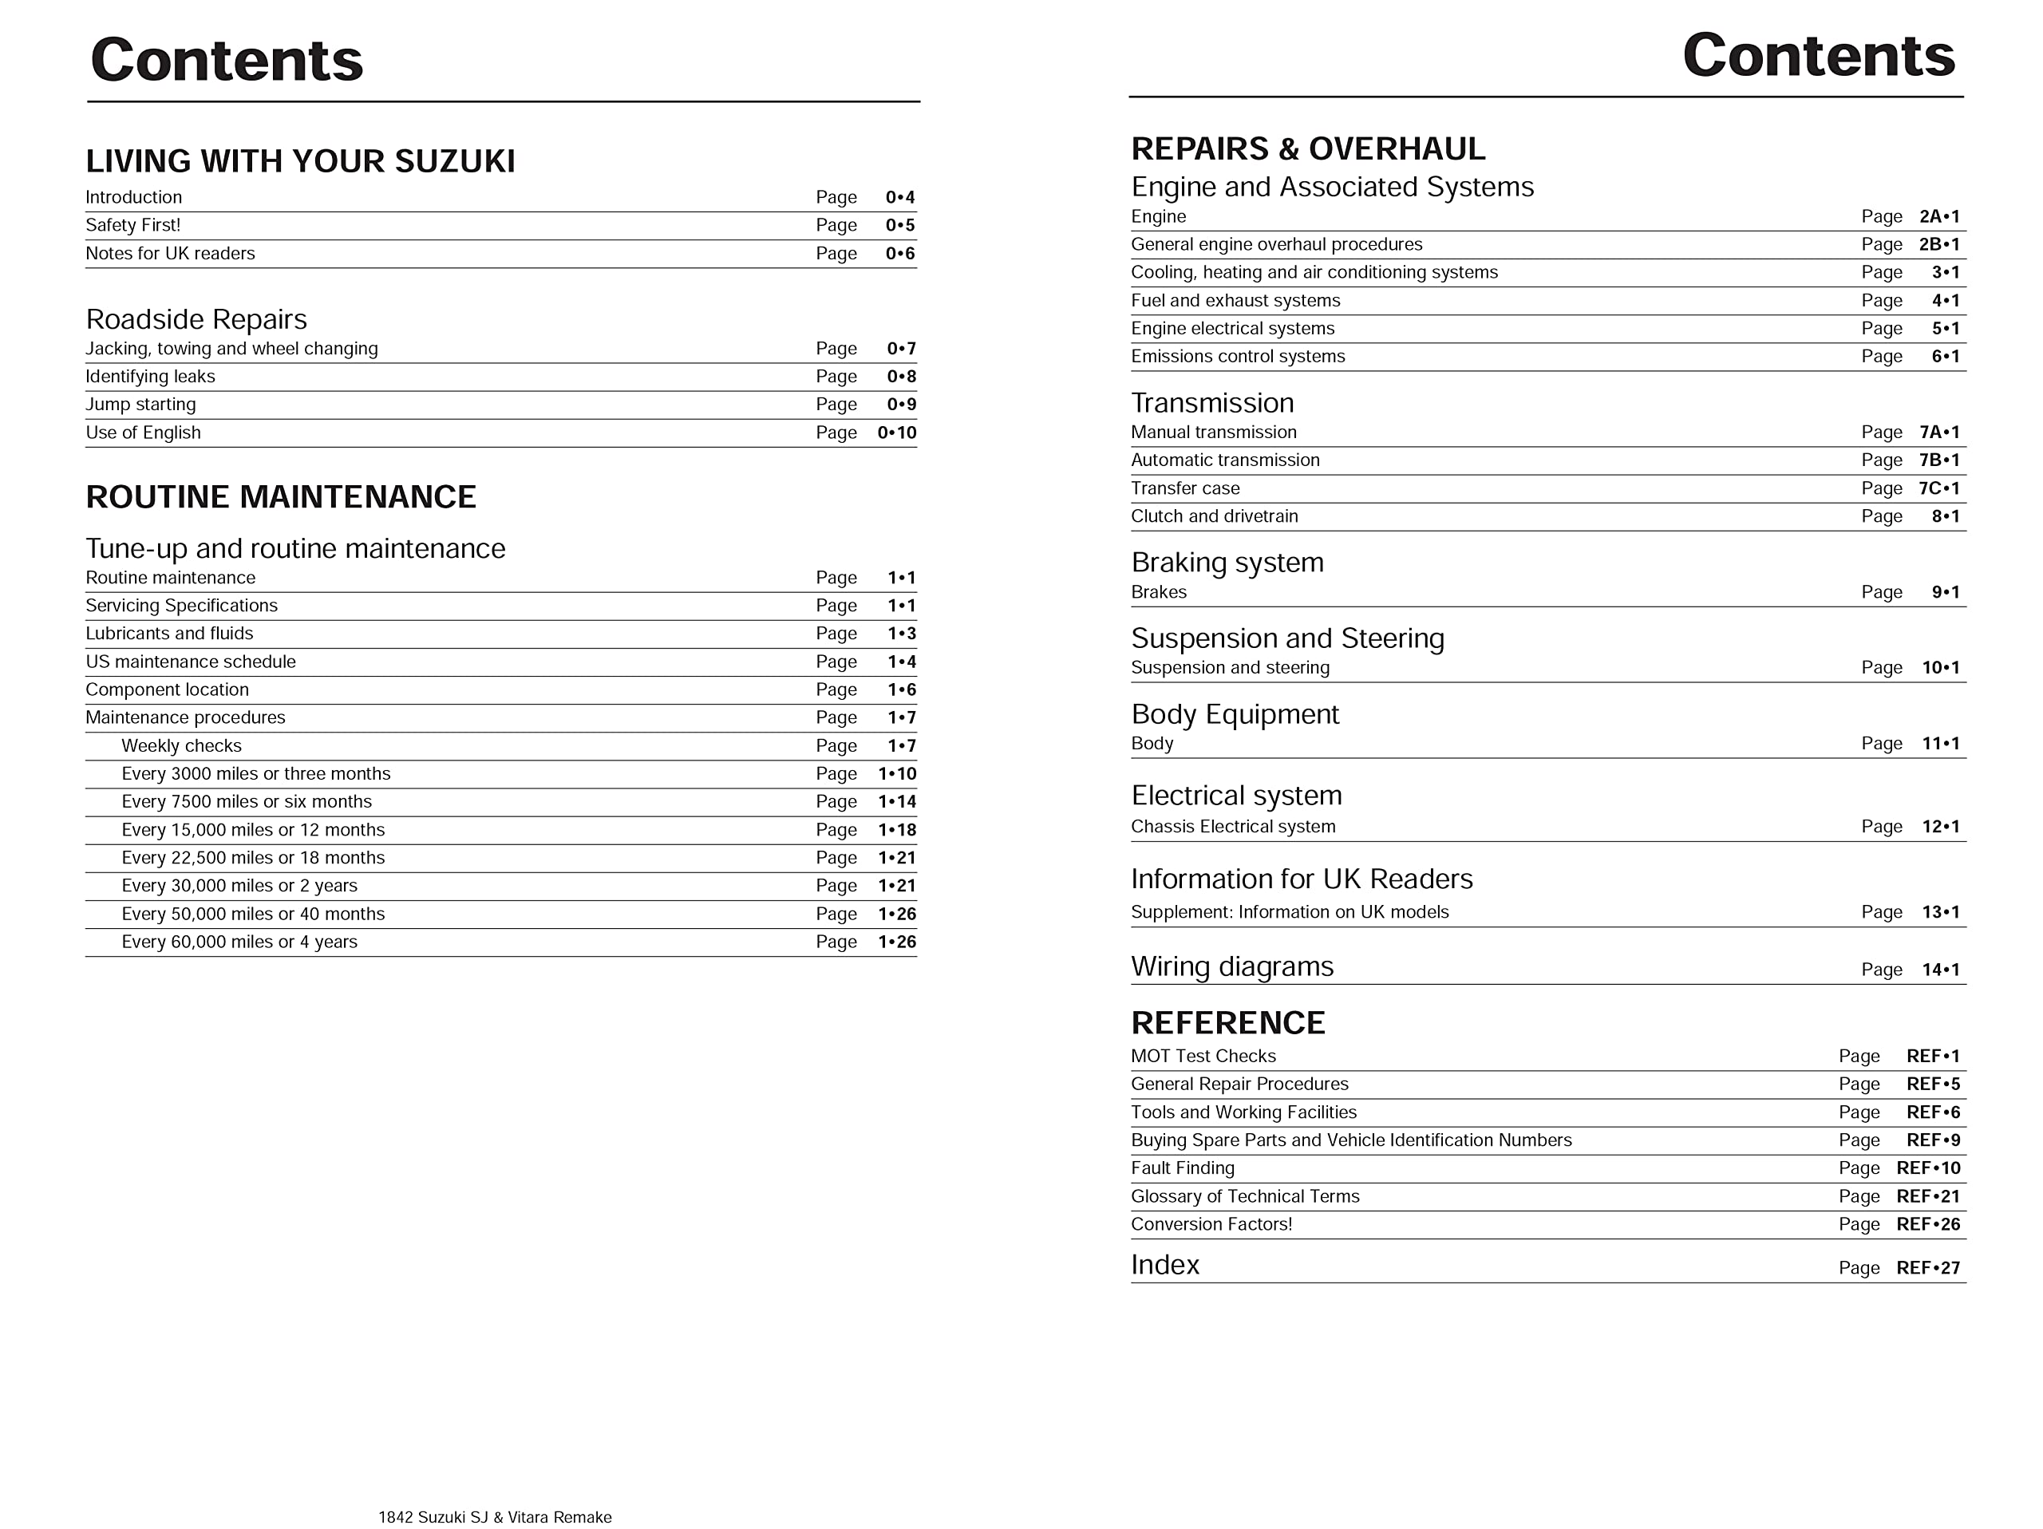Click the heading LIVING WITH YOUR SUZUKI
pos(300,161)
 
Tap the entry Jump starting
pos(140,405)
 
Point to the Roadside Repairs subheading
pos(196,319)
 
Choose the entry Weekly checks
pos(181,746)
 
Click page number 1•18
pos(897,830)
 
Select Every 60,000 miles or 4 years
pos(239,942)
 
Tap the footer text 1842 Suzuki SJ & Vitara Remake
pos(494,1517)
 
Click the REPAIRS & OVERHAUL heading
pos(1308,149)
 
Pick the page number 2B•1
pos(1938,245)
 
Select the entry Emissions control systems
pos(1238,357)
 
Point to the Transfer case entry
pos(1185,488)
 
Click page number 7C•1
pos(1938,488)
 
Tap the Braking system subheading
pos(1227,563)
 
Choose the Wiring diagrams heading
pos(1232,966)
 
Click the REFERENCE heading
pos(1227,1023)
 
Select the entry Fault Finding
pos(1182,1168)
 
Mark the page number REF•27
pos(1927,1269)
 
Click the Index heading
pos(1164,1265)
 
